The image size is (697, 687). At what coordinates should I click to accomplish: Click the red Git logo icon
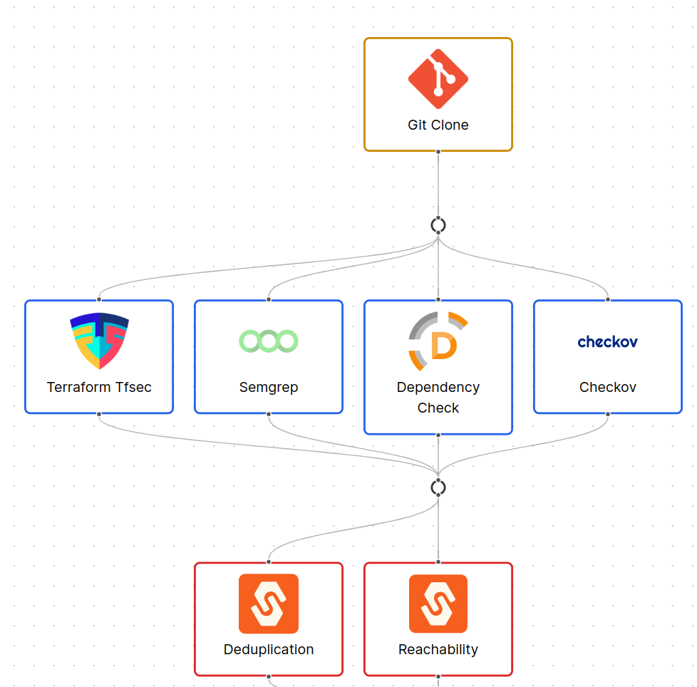438,78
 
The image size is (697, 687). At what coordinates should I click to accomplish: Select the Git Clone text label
438,125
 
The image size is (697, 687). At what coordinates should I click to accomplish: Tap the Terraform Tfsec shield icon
99,341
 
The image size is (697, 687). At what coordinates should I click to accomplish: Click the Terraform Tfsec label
99,387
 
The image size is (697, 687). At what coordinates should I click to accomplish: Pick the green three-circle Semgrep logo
269,341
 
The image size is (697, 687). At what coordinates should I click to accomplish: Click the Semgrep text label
269,387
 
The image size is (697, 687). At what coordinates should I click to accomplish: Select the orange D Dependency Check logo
438,341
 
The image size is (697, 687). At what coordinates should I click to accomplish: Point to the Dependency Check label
438,397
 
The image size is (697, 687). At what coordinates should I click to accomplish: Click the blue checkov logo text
607,342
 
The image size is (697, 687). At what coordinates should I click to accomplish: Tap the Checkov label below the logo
607,387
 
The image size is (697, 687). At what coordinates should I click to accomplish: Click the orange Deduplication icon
269,604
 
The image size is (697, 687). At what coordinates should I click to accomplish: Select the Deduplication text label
269,649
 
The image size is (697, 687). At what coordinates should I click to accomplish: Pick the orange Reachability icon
438,604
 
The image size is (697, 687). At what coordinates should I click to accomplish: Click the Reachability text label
438,649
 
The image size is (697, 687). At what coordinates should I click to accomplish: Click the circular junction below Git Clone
438,225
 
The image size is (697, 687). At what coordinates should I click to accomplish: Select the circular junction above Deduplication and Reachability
438,487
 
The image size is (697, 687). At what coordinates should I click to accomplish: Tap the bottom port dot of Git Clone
438,151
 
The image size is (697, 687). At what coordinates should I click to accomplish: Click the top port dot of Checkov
607,300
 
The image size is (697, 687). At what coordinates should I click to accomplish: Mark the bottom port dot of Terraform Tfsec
99,413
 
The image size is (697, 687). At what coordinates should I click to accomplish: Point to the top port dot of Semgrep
269,300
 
